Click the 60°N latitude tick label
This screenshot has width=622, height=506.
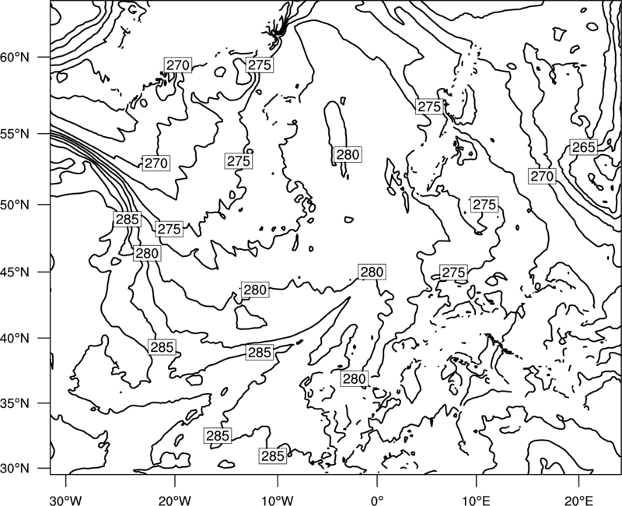(14, 58)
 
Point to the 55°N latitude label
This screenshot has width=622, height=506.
(14, 134)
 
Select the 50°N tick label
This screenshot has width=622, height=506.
(14, 205)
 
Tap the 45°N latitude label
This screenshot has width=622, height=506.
(14, 272)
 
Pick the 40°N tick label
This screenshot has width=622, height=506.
(14, 338)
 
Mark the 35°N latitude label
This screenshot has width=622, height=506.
(14, 403)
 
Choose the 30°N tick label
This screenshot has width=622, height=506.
(14, 469)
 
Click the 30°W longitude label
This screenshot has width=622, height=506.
(66, 500)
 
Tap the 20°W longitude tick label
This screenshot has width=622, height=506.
(174, 500)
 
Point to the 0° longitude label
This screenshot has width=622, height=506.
(377, 500)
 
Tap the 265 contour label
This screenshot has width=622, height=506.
(584, 147)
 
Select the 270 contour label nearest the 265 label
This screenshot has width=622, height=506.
(542, 176)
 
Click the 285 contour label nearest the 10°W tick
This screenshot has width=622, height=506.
(273, 456)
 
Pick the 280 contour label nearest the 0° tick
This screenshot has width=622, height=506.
(354, 379)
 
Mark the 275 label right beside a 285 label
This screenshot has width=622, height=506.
(169, 229)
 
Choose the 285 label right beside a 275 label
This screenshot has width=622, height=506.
(127, 220)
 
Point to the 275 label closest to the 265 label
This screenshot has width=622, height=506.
(484, 205)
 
